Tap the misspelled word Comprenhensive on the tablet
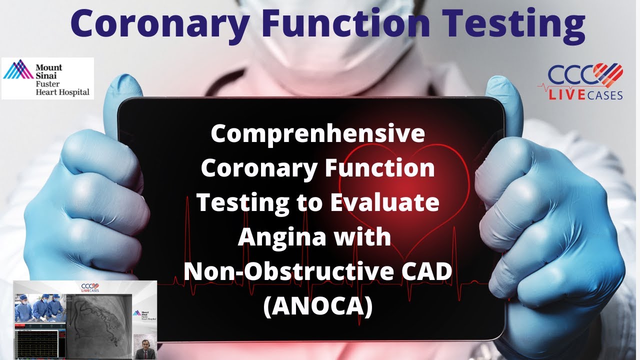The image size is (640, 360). [x=317, y=134]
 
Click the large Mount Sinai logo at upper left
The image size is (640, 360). [x=47, y=78]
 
